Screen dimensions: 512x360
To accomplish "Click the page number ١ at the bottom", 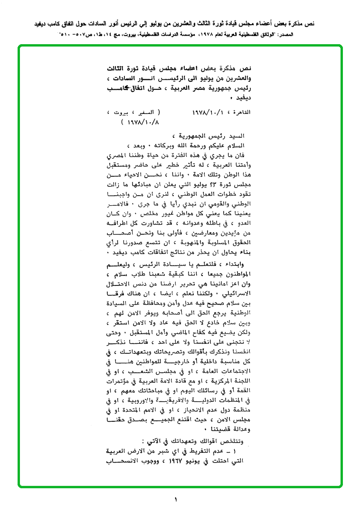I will tap(175, 499).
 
